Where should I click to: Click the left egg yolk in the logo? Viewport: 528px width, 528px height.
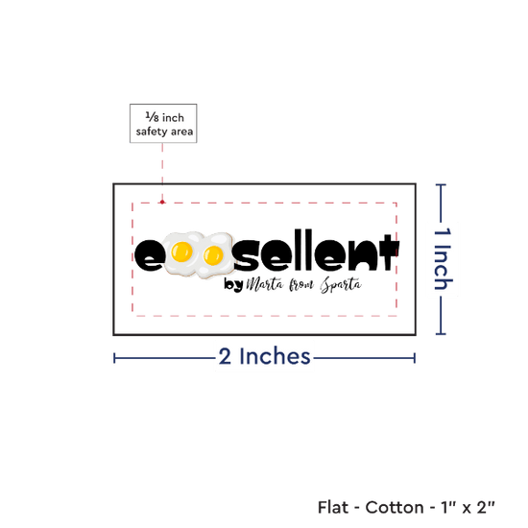pos(181,252)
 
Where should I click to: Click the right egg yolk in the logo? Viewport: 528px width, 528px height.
pos(213,255)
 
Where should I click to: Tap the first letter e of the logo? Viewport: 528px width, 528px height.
pos(149,255)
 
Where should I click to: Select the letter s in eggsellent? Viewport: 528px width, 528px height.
pos(249,255)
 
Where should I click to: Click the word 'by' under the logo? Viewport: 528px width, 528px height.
pos(233,285)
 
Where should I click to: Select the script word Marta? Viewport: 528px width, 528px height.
pos(265,284)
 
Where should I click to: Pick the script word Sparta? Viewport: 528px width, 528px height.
pos(341,285)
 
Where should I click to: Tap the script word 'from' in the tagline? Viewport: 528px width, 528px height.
pos(301,285)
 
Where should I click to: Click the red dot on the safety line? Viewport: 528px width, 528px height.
pos(162,202)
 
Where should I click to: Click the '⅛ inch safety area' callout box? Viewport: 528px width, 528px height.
pos(163,123)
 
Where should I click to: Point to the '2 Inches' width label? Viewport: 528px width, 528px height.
pos(264,356)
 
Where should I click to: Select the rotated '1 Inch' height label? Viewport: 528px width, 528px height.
pos(443,258)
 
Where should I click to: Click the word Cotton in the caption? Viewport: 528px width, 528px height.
pos(395,507)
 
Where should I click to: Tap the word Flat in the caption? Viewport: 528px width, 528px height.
pos(333,507)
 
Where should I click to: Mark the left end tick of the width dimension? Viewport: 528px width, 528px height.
pos(114,358)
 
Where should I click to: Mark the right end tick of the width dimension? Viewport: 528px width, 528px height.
pos(415,358)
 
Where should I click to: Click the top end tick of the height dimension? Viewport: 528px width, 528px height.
pos(441,184)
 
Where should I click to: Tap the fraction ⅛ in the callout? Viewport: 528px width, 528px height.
pos(153,117)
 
